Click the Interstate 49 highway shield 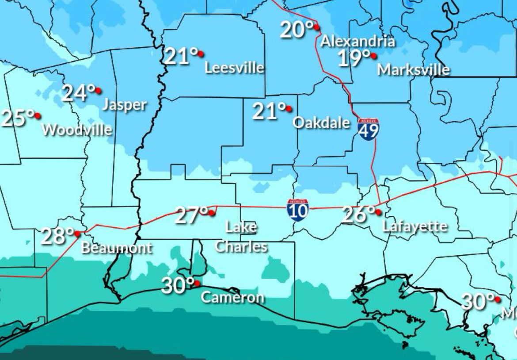[368, 129]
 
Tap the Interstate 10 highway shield [297, 210]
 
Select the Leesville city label [234, 68]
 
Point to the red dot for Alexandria [316, 27]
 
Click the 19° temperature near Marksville [354, 58]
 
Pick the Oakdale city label [321, 123]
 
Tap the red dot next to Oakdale [289, 108]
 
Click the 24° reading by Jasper [78, 93]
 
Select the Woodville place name [77, 130]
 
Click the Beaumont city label [117, 248]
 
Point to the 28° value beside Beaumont [57, 236]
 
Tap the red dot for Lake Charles [212, 213]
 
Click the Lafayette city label [414, 226]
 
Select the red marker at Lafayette [378, 212]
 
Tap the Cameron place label [232, 297]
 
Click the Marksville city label [414, 70]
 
